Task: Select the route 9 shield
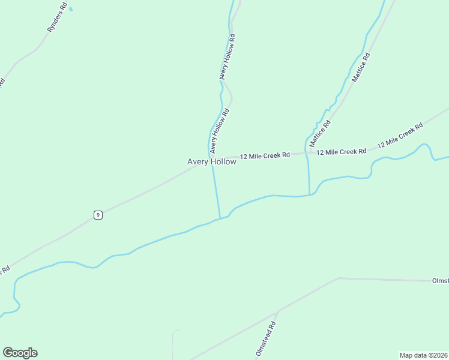(98, 215)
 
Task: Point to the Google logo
(20, 353)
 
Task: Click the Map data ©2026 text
(424, 355)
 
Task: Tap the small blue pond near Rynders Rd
(71, 9)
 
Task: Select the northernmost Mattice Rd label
(361, 67)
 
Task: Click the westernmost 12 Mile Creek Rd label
(265, 155)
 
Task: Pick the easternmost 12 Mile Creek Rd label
(400, 136)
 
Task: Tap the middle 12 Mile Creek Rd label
(342, 152)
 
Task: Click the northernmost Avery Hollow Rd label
(227, 57)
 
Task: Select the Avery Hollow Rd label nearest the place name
(219, 130)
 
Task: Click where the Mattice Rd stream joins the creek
(310, 194)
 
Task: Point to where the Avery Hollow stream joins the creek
(220, 218)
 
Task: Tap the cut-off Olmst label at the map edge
(440, 281)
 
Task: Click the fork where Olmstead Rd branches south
(276, 313)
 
